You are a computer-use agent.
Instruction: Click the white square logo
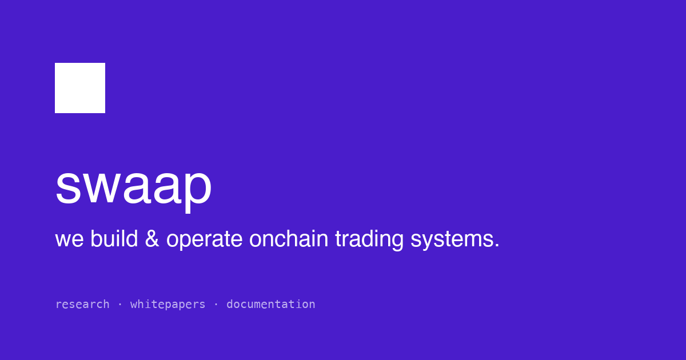click(80, 88)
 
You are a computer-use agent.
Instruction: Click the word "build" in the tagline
click(114, 238)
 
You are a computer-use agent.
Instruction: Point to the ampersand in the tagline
click(152, 238)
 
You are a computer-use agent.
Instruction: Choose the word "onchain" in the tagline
click(289, 238)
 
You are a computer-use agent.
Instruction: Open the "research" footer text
click(82, 304)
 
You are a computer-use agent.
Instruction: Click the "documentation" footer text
click(271, 304)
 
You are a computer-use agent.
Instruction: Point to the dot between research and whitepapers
click(120, 305)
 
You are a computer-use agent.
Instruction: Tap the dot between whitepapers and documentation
click(216, 305)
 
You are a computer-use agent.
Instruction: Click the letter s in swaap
click(68, 187)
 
